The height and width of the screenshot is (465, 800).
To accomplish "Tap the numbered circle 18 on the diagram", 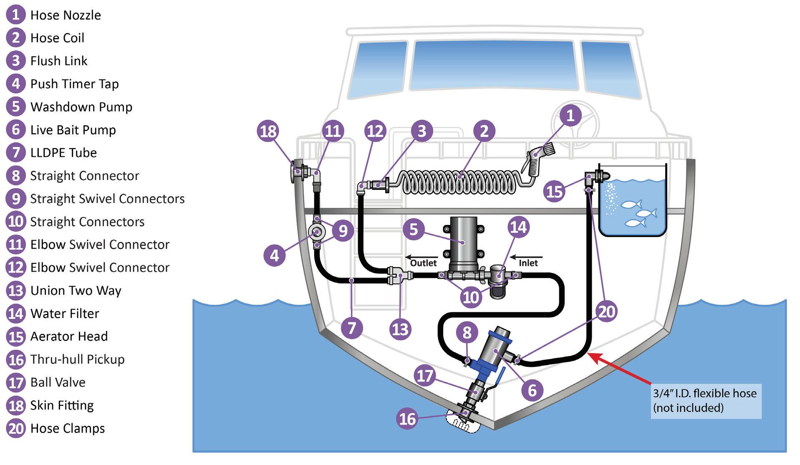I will pyautogui.click(x=268, y=131).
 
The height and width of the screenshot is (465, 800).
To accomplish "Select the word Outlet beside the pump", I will pyautogui.click(x=423, y=263).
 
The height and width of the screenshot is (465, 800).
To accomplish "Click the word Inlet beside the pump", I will pyautogui.click(x=528, y=263).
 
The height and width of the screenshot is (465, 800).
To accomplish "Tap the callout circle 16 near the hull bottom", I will pyautogui.click(x=407, y=419).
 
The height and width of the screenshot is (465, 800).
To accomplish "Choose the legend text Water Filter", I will pyautogui.click(x=65, y=313).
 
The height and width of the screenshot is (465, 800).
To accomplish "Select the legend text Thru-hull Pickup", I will pyautogui.click(x=77, y=359).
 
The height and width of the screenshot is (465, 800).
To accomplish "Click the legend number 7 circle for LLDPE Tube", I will pyautogui.click(x=16, y=153).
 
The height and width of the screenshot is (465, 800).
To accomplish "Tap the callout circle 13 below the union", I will pyautogui.click(x=400, y=329).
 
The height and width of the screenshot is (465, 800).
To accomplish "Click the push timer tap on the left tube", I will pyautogui.click(x=317, y=232).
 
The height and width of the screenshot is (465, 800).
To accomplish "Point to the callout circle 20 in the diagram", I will pyautogui.click(x=606, y=311).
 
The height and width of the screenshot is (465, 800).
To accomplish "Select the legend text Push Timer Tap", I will pyautogui.click(x=74, y=84).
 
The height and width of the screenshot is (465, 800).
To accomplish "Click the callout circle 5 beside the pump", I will pyautogui.click(x=414, y=229).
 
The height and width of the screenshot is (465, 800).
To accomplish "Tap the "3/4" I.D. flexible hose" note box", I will pyautogui.click(x=705, y=400).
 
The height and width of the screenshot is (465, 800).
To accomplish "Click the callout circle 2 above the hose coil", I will pyautogui.click(x=484, y=131).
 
